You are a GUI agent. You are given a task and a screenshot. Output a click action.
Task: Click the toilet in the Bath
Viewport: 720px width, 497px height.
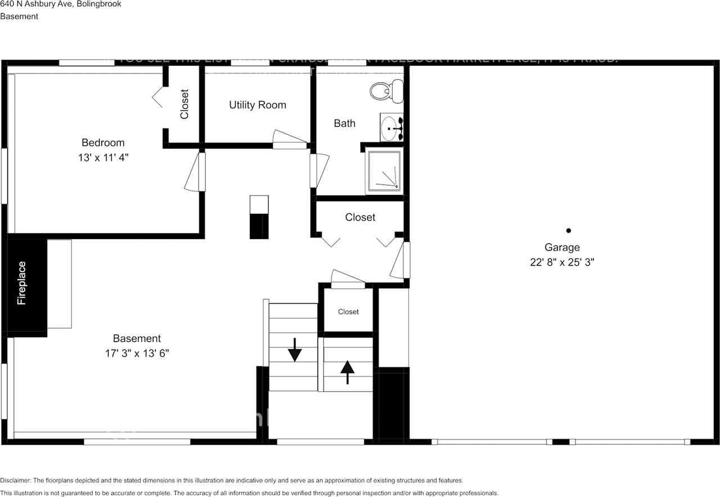tap(388, 89)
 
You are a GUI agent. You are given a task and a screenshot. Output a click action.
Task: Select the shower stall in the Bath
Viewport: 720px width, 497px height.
tap(384, 171)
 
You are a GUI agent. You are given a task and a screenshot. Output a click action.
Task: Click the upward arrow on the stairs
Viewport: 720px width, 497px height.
tap(347, 371)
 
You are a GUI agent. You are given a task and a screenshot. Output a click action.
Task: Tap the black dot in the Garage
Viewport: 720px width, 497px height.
tap(569, 230)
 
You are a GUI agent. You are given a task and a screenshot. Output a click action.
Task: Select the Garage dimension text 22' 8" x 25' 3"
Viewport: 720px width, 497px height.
tap(562, 262)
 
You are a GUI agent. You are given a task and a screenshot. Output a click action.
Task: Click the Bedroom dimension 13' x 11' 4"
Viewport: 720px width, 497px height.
tap(103, 158)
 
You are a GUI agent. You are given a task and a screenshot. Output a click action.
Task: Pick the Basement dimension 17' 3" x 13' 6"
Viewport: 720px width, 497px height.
tap(137, 353)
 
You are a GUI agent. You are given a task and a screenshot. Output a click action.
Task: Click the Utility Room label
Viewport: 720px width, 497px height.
tap(258, 105)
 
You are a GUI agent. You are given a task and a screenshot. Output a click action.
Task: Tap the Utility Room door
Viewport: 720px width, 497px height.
tap(290, 140)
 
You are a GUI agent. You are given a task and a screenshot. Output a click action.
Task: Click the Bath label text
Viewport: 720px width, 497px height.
tap(344, 123)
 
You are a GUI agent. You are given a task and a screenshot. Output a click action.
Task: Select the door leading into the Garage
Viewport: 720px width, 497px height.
tap(400, 260)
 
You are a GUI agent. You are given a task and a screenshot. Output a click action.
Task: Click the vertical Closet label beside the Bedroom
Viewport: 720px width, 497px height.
tap(184, 104)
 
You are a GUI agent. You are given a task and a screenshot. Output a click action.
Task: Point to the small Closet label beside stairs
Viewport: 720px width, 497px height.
tap(348, 312)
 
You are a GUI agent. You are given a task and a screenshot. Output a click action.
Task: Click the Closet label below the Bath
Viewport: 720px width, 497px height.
tap(360, 217)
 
